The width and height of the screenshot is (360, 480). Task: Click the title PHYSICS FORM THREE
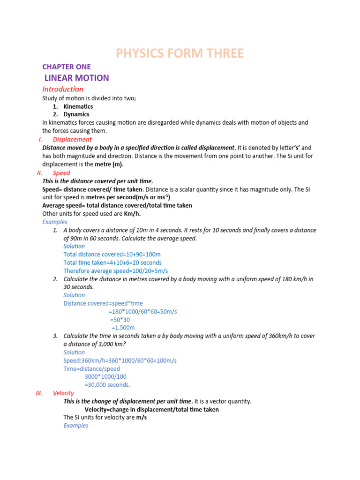coord(180,53)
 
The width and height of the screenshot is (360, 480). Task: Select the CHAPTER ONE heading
coord(66,67)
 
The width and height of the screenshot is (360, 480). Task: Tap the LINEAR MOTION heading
coord(76,78)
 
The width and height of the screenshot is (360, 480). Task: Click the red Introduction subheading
coord(63,89)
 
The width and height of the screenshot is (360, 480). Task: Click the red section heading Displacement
coord(72,139)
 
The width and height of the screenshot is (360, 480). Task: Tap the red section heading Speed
coord(61,173)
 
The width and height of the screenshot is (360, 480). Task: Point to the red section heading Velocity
coord(63,393)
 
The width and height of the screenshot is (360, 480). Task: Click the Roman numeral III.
coord(39,393)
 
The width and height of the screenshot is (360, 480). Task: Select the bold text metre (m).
coord(110,164)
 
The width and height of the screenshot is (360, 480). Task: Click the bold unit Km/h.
coord(132,213)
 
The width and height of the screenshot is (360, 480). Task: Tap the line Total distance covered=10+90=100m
coord(112,255)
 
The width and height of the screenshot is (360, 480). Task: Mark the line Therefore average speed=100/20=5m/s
coord(115,271)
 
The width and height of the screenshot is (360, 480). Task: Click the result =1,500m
coord(123,328)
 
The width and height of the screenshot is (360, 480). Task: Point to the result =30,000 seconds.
coord(107,385)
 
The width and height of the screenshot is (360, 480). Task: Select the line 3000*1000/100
coord(105,376)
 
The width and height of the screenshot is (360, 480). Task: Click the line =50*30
coord(120,320)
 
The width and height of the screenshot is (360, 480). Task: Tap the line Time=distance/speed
coord(91,369)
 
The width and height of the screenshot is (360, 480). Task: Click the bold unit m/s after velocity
coord(142,417)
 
